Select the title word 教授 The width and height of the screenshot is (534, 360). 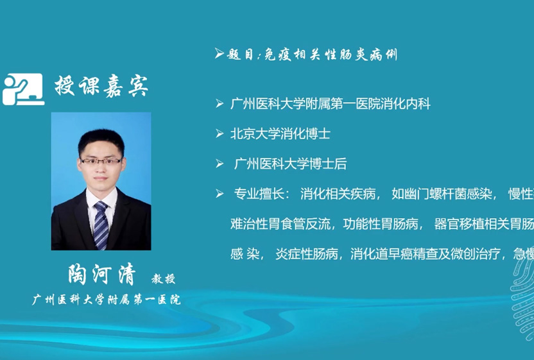pyautogui.click(x=163, y=279)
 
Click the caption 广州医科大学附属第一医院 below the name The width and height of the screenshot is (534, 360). pyautogui.click(x=106, y=299)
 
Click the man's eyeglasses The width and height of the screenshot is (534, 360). pyautogui.click(x=101, y=160)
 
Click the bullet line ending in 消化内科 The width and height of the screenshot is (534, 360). pyautogui.click(x=330, y=103)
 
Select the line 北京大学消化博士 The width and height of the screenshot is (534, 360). pyautogui.click(x=280, y=133)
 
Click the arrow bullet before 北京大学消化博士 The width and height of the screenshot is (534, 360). pyautogui.click(x=220, y=133)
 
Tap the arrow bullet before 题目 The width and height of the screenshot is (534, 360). pyautogui.click(x=219, y=54)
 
